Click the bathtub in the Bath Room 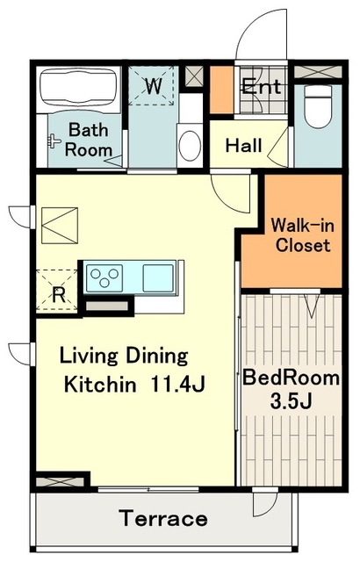(78, 88)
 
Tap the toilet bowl (318, 106)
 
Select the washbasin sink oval (190, 145)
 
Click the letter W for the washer (154, 86)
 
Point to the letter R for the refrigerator (59, 295)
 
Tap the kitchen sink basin (158, 277)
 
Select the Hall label (243, 145)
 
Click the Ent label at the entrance (261, 86)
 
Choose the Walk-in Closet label (303, 235)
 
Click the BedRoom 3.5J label (291, 390)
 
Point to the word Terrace (163, 518)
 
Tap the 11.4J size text (177, 384)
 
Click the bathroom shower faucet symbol (54, 140)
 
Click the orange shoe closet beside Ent (221, 90)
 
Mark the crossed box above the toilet (318, 72)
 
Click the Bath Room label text (88, 140)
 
